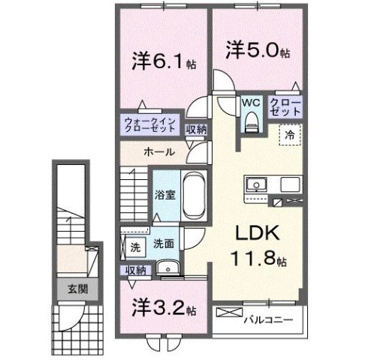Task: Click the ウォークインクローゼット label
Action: [x=151, y=124]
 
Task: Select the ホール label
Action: [x=159, y=152]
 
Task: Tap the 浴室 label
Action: [x=165, y=194]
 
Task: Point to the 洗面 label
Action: [x=164, y=244]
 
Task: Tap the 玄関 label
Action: [x=68, y=289]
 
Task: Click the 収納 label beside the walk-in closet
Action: [x=197, y=129]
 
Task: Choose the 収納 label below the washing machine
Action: [x=135, y=269]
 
